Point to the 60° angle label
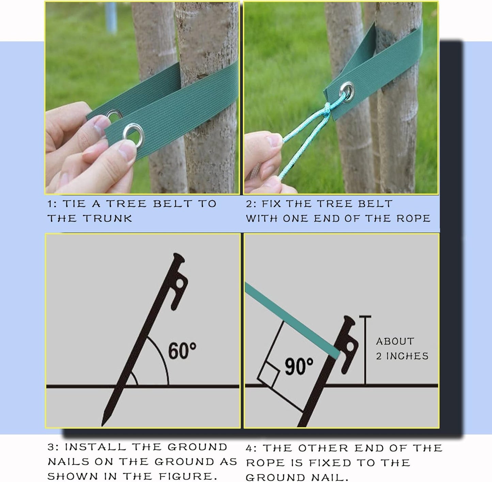point(182,351)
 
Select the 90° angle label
point(299,366)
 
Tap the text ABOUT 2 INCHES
point(402,349)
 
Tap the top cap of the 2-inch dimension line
point(365,317)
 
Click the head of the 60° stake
point(179,258)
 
